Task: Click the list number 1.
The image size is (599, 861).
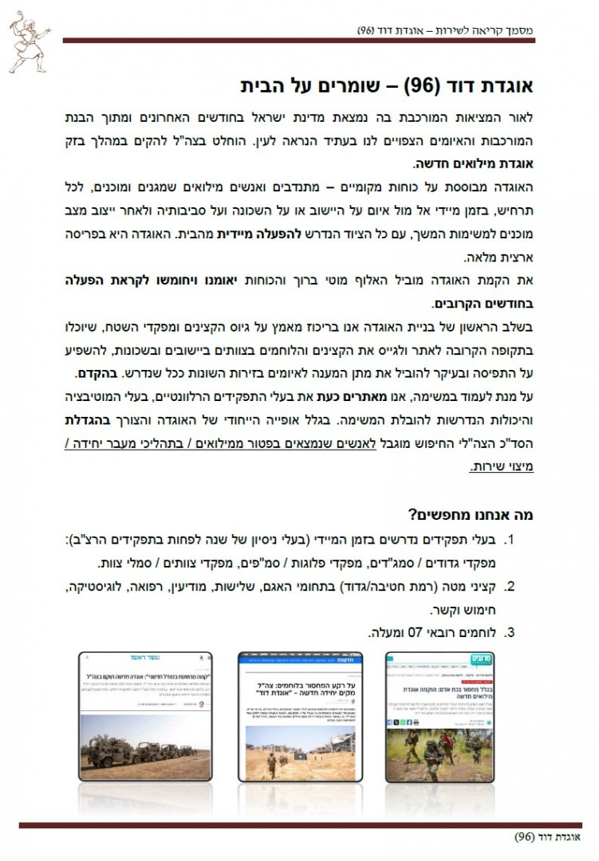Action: (511, 541)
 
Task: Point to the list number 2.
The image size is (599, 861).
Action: (511, 588)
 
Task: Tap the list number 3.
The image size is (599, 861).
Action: (511, 634)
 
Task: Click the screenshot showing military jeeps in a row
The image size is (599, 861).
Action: (146, 716)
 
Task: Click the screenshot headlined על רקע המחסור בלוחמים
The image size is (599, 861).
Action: (300, 716)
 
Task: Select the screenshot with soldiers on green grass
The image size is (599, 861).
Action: (444, 716)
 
